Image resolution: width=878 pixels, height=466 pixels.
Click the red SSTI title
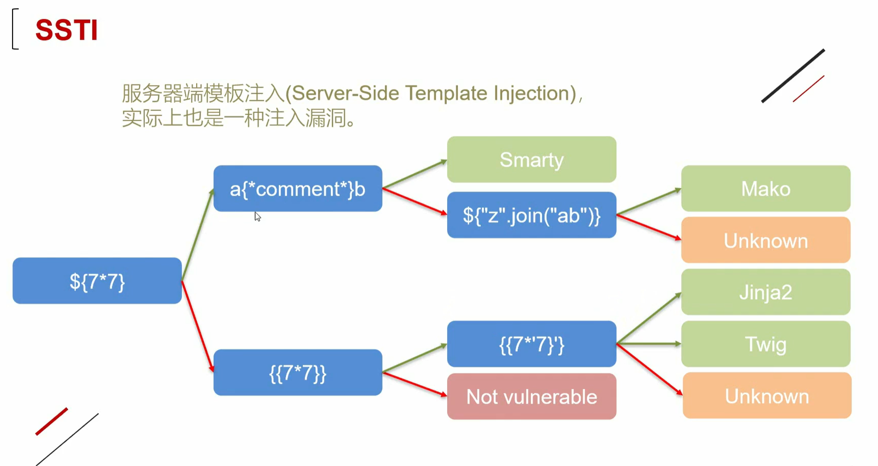point(66,30)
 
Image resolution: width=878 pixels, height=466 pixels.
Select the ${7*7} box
point(97,281)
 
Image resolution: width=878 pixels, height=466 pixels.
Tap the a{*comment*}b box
point(298,188)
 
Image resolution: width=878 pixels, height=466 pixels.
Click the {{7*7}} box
point(298,373)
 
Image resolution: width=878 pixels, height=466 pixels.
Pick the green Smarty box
point(532,159)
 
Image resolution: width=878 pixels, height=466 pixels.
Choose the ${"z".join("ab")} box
point(532,215)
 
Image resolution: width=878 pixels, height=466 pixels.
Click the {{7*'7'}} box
point(532,344)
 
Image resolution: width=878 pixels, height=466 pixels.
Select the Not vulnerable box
point(532,396)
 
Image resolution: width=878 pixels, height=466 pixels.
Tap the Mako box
point(766,188)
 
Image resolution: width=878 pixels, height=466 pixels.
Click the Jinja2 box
point(766,292)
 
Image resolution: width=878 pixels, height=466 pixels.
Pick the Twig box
point(766,344)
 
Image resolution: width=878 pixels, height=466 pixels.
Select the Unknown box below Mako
point(766,240)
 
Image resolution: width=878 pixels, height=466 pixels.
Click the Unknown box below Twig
point(767,395)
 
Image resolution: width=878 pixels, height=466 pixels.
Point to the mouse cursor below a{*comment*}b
point(257,216)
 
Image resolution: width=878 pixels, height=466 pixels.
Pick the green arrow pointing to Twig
point(649,344)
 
